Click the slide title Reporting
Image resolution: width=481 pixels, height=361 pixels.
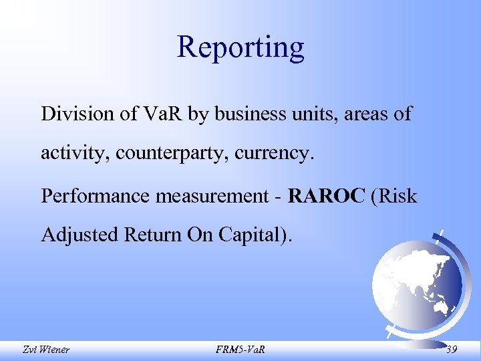pos(240,47)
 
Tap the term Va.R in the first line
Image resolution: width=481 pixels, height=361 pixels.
pos(159,114)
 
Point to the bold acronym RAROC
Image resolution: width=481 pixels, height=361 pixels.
pos(327,196)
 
